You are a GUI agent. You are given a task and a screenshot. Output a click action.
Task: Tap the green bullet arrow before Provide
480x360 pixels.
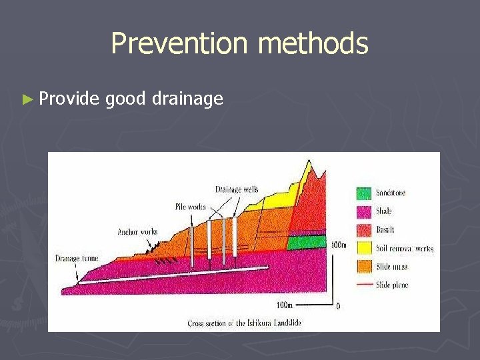click(x=27, y=99)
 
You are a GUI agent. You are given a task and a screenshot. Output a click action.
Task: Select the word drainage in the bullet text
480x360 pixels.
click(x=187, y=100)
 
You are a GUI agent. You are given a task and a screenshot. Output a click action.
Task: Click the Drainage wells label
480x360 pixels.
click(x=237, y=190)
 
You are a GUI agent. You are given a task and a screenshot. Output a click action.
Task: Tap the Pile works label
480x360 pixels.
click(x=191, y=207)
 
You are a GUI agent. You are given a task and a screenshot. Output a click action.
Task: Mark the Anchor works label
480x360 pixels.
click(x=137, y=232)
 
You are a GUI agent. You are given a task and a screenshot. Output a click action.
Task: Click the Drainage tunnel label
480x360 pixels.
click(x=76, y=258)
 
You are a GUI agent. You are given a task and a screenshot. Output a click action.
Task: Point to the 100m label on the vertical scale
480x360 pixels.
click(x=339, y=245)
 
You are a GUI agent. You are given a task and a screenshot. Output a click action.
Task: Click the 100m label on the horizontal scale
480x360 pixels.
click(x=284, y=305)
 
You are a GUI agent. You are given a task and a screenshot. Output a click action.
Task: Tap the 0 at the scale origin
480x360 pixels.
click(x=339, y=307)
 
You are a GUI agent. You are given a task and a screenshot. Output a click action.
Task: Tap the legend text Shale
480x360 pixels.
click(x=384, y=211)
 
